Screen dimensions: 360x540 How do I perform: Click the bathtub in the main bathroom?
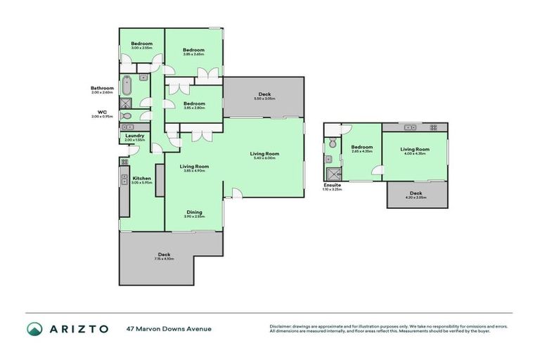click(x=127, y=86)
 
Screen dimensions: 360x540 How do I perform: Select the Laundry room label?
click(x=135, y=135)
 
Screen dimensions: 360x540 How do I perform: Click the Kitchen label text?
click(x=141, y=179)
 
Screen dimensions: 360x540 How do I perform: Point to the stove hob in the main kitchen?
click(x=124, y=162)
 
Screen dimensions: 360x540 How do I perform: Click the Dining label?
click(x=195, y=212)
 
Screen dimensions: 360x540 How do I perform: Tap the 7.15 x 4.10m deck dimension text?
click(x=164, y=259)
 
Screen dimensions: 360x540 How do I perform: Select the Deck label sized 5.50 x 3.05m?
click(x=264, y=94)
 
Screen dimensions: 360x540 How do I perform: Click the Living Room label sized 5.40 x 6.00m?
click(x=264, y=153)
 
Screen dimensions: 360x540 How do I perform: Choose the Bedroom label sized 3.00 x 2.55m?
click(x=141, y=44)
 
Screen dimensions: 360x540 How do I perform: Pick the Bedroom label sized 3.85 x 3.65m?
click(x=193, y=49)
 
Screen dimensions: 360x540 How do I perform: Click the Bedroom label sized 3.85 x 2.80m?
click(x=193, y=103)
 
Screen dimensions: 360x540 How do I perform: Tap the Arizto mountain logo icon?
click(x=34, y=328)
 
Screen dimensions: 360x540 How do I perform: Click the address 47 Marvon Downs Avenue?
click(x=168, y=328)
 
